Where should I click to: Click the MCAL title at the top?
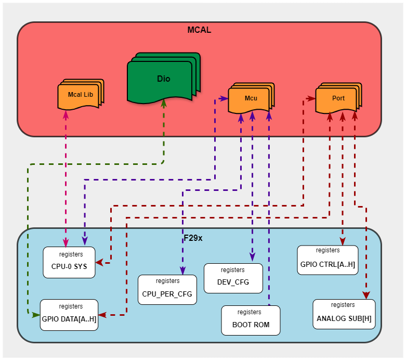point(199,30)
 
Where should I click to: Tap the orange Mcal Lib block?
point(81,95)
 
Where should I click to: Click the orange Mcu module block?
point(251,98)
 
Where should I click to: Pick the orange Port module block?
point(338,98)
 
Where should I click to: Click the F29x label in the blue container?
point(193,238)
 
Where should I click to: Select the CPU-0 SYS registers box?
point(69,262)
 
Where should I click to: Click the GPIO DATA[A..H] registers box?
point(69,315)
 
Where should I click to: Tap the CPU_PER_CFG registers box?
point(167,290)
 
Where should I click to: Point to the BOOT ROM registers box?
point(251,320)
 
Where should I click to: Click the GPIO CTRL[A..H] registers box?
point(328,260)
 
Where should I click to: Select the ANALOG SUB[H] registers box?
point(344,314)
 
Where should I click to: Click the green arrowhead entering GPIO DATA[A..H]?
point(36,315)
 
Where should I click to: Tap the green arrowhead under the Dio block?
point(164,103)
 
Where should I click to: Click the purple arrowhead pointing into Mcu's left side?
point(224,98)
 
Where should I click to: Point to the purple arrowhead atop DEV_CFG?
point(252,257)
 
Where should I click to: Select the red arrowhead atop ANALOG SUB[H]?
point(366,295)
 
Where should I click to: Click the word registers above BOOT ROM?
point(250,312)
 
